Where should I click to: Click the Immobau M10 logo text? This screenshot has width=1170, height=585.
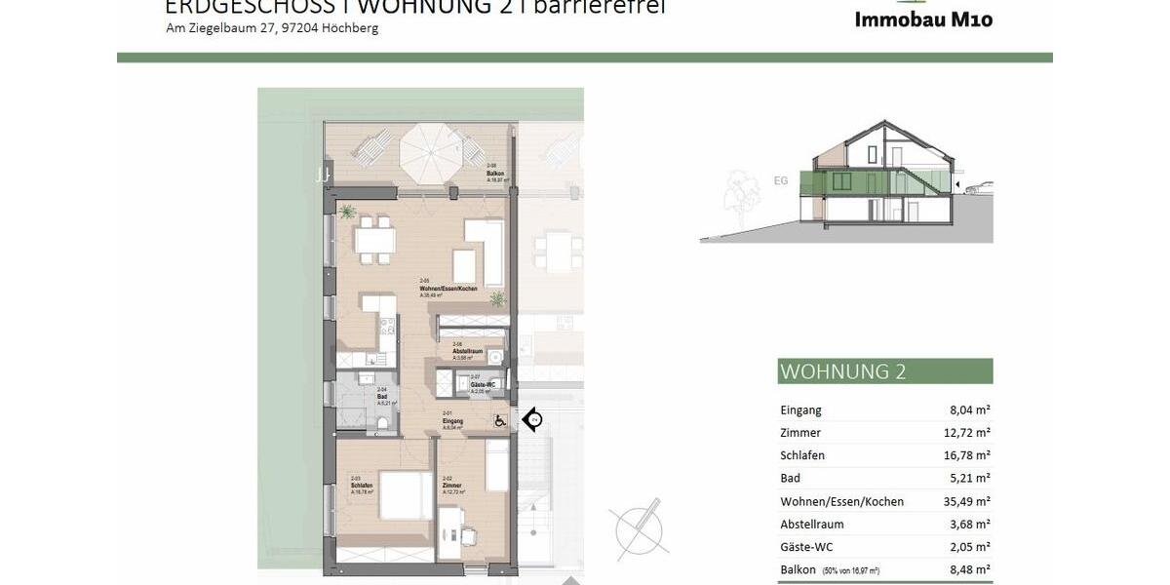point(922,19)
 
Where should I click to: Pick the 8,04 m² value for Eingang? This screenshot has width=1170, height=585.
point(969,410)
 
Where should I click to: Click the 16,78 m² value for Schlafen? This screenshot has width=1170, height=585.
point(965,455)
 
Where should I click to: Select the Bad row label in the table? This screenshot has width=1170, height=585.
point(790,479)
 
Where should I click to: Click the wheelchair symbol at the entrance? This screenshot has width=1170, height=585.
point(500,421)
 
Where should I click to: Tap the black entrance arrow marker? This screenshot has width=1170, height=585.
point(532,420)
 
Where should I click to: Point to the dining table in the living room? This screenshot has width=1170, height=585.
point(375,238)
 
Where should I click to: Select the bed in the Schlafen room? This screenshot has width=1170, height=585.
point(400,494)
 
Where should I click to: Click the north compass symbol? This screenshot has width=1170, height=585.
point(640,527)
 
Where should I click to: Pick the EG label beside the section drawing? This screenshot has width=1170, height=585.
point(780,180)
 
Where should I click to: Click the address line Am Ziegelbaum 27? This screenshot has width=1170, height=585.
point(272,28)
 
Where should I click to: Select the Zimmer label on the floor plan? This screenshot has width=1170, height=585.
point(450,486)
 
